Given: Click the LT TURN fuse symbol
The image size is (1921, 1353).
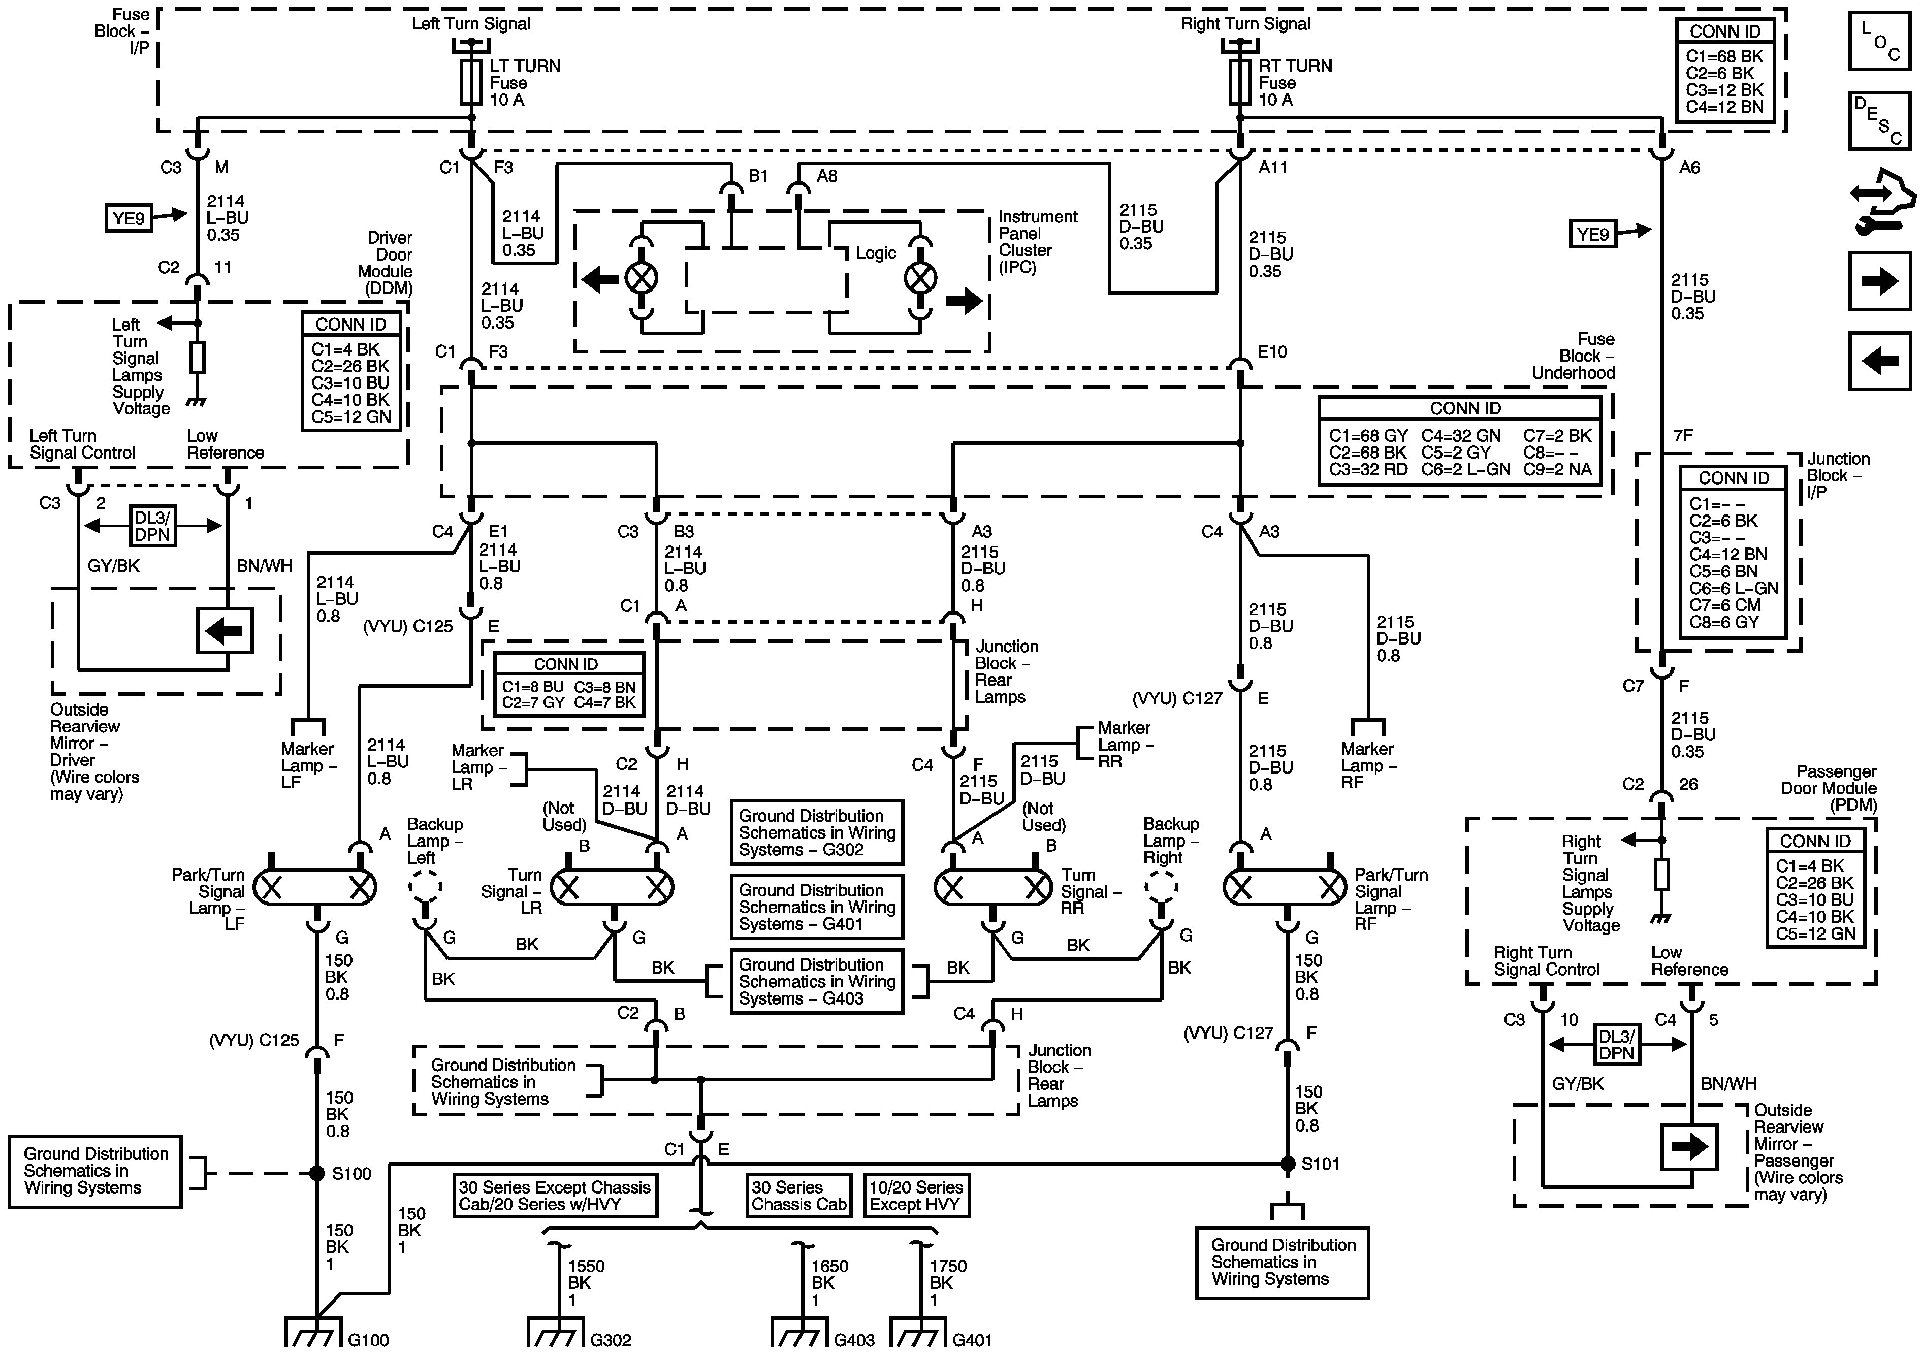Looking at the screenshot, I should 472,82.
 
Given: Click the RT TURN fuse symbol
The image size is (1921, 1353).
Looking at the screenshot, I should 1240,82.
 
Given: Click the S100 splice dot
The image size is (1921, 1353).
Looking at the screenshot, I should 317,1173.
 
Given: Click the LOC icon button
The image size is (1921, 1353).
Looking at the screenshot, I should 1880,42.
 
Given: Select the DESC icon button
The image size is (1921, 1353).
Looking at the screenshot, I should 1880,120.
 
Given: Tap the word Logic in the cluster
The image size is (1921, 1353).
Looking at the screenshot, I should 876,253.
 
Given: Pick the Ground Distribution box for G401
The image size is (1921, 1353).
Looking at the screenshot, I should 817,907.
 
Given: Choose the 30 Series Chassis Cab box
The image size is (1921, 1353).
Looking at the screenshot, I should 798,1195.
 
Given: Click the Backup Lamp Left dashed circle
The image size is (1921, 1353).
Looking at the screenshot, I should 425,887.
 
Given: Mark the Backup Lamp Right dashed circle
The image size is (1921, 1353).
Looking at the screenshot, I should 1161,887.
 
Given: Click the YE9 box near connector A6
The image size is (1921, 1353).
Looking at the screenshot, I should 1592,234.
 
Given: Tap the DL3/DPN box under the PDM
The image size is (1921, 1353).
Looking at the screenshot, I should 1616,1044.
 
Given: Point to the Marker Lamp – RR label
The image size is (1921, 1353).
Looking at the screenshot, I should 1126,745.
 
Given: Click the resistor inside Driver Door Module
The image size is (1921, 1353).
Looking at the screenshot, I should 198,357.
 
